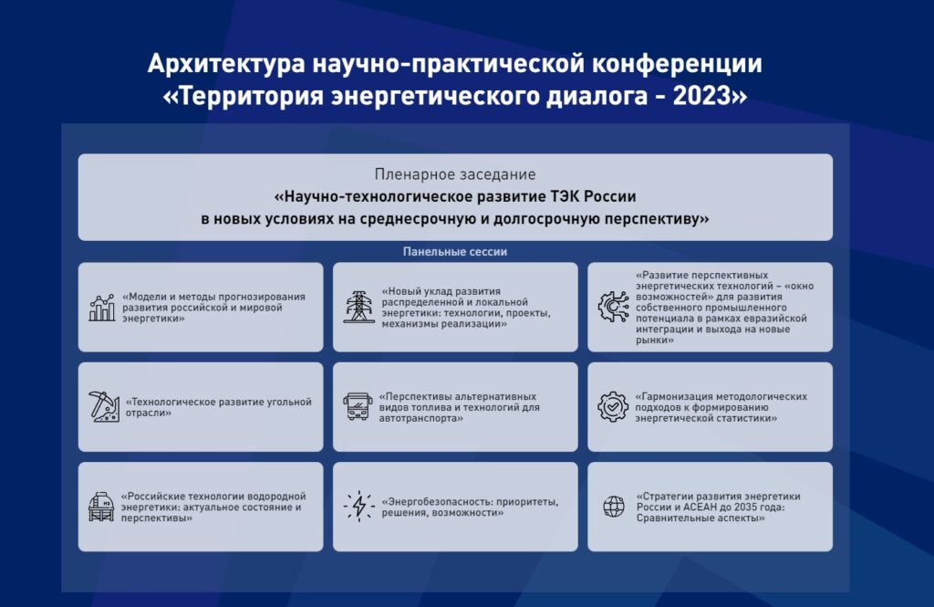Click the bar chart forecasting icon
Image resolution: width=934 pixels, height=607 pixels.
click(102, 307)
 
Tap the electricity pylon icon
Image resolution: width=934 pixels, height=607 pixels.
click(359, 307)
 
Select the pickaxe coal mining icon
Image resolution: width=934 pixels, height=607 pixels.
click(104, 407)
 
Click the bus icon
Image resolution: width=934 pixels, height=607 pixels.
click(358, 407)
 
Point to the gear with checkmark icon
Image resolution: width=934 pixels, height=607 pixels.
click(613, 407)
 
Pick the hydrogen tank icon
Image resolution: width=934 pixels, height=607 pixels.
click(101, 507)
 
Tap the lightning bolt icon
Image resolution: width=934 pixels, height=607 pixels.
click(359, 507)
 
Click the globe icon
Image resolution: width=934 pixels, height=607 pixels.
click(614, 507)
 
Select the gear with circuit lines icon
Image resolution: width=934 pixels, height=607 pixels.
click(614, 307)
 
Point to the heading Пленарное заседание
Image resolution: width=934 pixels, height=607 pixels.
click(455, 174)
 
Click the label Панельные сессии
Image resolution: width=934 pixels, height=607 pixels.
click(455, 252)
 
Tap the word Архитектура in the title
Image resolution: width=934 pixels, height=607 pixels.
click(226, 64)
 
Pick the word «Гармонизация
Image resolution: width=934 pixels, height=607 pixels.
click(674, 396)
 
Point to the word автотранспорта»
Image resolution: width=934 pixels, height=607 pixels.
click(421, 418)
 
